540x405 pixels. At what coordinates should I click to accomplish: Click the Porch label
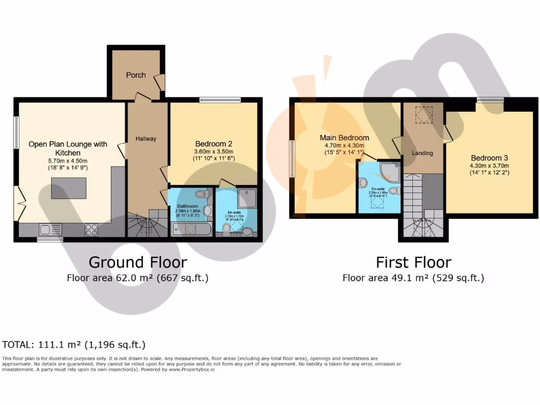pyautogui.click(x=136, y=75)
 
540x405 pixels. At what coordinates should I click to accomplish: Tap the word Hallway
pyautogui.click(x=146, y=139)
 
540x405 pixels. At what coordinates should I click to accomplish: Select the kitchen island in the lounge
pyautogui.click(x=69, y=188)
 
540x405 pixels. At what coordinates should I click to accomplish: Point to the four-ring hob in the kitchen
pyautogui.click(x=91, y=229)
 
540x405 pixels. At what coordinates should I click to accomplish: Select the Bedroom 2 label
pyautogui.click(x=214, y=143)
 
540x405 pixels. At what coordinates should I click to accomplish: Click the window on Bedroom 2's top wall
pyautogui.click(x=220, y=99)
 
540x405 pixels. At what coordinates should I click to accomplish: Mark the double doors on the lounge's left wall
pyautogui.click(x=18, y=203)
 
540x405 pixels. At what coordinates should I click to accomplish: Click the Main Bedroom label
pyautogui.click(x=344, y=138)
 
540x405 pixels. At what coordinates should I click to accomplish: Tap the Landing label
pyautogui.click(x=422, y=153)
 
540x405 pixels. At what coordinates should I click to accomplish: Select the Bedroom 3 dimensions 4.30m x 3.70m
pyautogui.click(x=486, y=165)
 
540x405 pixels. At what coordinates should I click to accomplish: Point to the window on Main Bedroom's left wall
pyautogui.click(x=292, y=159)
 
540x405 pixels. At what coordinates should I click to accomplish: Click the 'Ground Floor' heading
pyautogui.click(x=138, y=262)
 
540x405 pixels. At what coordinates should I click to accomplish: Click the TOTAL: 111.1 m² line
pyautogui.click(x=74, y=345)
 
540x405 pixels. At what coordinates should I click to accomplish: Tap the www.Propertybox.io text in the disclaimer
pyautogui.click(x=191, y=370)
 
